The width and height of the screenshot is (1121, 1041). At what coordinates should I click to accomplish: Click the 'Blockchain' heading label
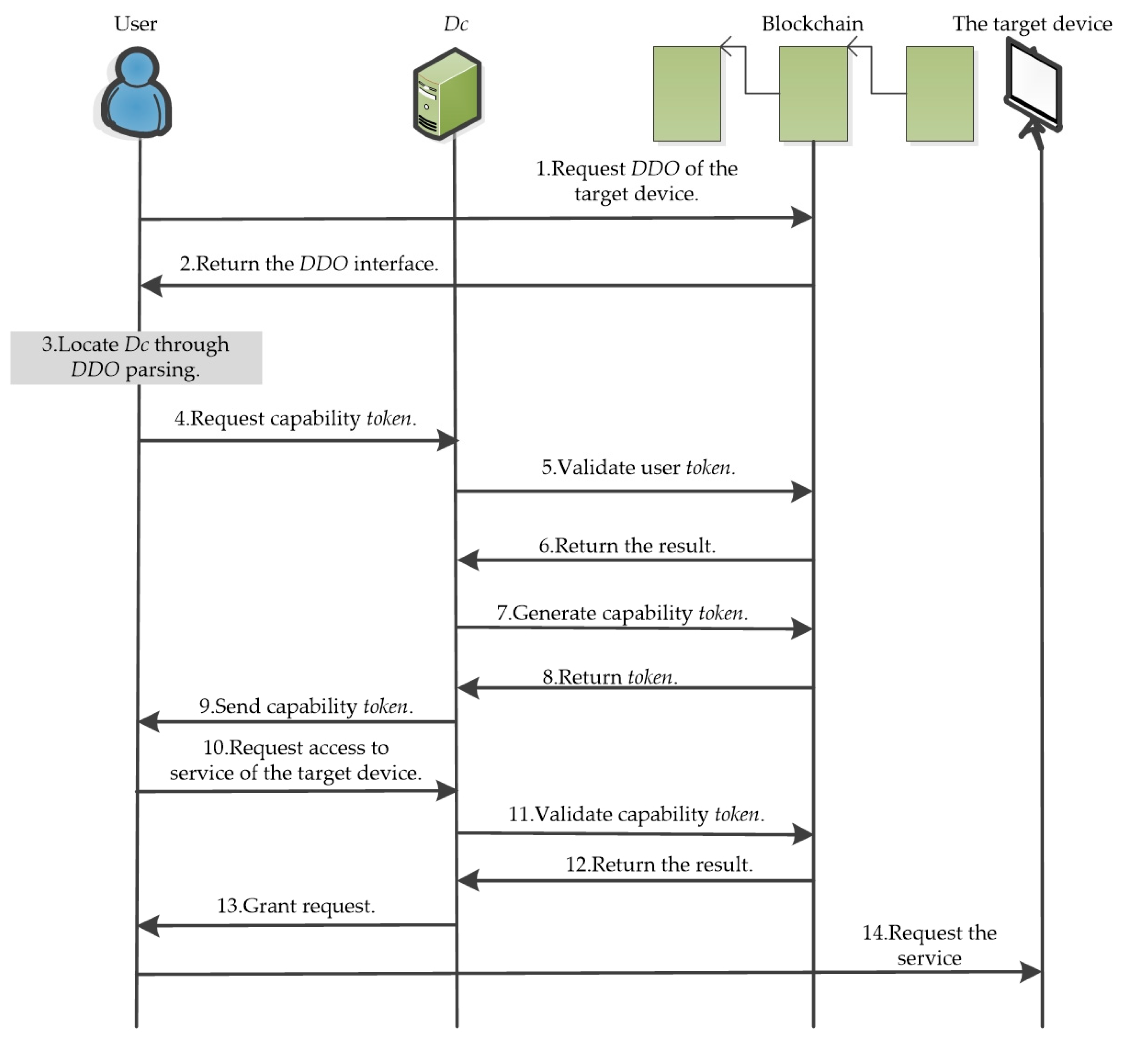[x=812, y=24]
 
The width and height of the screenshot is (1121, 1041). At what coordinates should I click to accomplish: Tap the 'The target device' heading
[x=1031, y=24]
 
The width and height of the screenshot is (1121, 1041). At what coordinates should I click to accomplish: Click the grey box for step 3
[x=136, y=358]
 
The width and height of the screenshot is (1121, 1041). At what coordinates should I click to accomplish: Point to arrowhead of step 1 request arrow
[x=803, y=217]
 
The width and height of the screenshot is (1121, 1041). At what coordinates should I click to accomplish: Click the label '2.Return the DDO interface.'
[x=309, y=264]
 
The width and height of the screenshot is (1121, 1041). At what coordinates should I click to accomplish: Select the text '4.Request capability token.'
[x=295, y=418]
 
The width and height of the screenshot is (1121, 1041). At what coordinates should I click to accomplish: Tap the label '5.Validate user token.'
[x=638, y=468]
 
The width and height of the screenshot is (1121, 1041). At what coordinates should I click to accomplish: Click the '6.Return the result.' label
[x=627, y=545]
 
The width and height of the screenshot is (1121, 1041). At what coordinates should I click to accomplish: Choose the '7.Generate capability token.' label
[x=622, y=613]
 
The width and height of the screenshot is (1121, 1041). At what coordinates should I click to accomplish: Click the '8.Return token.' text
[x=610, y=676]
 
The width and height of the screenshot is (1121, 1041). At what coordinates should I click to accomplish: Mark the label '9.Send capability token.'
[x=306, y=706]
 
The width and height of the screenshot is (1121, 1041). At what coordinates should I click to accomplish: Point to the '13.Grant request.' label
[x=296, y=905]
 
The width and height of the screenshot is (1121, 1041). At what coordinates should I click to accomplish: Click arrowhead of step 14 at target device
[x=1031, y=972]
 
